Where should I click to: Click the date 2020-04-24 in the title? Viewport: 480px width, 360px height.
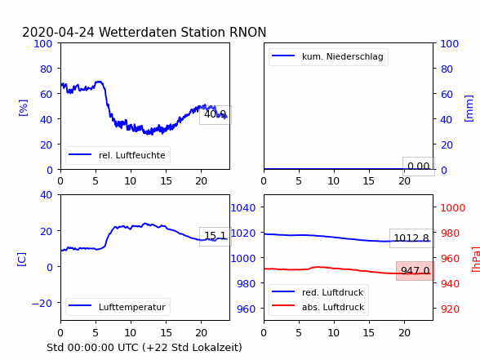pyautogui.click(x=58, y=32)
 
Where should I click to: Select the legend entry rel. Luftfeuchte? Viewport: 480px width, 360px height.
pyautogui.click(x=118, y=155)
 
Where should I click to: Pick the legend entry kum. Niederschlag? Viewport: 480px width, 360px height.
pyautogui.click(x=328, y=56)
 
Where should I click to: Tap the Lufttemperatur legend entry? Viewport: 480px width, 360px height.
pyautogui.click(x=118, y=307)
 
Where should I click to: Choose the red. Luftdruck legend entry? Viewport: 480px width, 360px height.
pyautogui.click(x=318, y=292)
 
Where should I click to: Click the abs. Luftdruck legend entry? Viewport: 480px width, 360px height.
pyautogui.click(x=318, y=307)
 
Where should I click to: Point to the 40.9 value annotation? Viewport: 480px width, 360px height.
pyautogui.click(x=216, y=115)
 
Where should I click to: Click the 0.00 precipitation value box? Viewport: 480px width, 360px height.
pyautogui.click(x=419, y=167)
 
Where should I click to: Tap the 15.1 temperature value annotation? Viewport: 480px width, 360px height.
pyautogui.click(x=216, y=236)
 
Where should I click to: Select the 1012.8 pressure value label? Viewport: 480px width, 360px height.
pyautogui.click(x=411, y=238)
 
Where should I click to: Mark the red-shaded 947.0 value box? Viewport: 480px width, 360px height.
pyautogui.click(x=415, y=271)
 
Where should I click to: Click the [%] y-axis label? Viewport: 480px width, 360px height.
pyautogui.click(x=23, y=108)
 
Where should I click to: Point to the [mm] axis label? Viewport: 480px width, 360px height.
pyautogui.click(x=469, y=109)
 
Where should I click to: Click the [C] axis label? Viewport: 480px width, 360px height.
pyautogui.click(x=21, y=260)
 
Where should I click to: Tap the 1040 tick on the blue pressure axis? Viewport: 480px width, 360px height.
pyautogui.click(x=243, y=208)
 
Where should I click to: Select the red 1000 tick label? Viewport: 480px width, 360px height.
pyautogui.click(x=453, y=208)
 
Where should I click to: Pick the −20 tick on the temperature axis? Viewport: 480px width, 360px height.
pyautogui.click(x=42, y=304)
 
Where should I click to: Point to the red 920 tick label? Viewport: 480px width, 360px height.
pyautogui.click(x=450, y=309)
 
